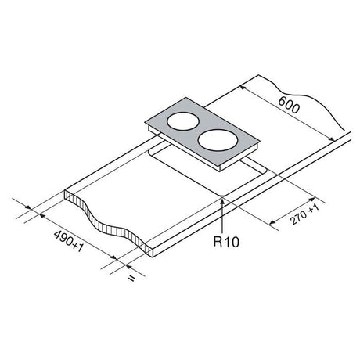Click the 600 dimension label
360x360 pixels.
[x=289, y=105]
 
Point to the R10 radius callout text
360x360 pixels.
[x=226, y=242]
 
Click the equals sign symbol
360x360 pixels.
[x=131, y=279]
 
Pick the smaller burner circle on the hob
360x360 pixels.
[x=183, y=121]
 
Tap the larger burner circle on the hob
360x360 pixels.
[x=218, y=141]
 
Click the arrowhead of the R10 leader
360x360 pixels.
[x=222, y=201]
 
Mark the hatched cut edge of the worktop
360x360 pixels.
[x=108, y=225]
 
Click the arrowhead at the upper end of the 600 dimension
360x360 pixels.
[x=243, y=88]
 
